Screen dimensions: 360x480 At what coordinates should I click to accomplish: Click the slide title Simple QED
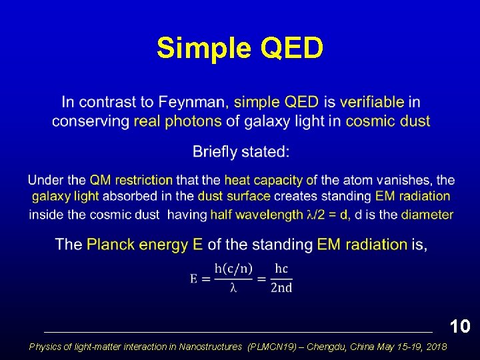click(240, 48)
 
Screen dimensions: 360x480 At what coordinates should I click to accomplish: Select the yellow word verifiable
click(371, 102)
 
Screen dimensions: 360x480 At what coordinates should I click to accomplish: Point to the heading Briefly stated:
click(241, 152)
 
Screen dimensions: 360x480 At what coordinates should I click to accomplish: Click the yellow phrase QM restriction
click(131, 180)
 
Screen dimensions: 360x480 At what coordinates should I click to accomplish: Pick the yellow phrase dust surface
click(233, 196)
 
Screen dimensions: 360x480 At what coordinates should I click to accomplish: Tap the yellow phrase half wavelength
click(257, 215)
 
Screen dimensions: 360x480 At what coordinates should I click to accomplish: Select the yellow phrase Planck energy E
click(145, 245)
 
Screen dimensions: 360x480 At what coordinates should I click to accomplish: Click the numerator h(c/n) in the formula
click(233, 269)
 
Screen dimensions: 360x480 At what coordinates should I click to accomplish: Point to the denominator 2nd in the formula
click(281, 288)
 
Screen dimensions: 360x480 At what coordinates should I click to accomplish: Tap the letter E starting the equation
click(194, 278)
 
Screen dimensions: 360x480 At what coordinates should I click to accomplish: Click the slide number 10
click(460, 326)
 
